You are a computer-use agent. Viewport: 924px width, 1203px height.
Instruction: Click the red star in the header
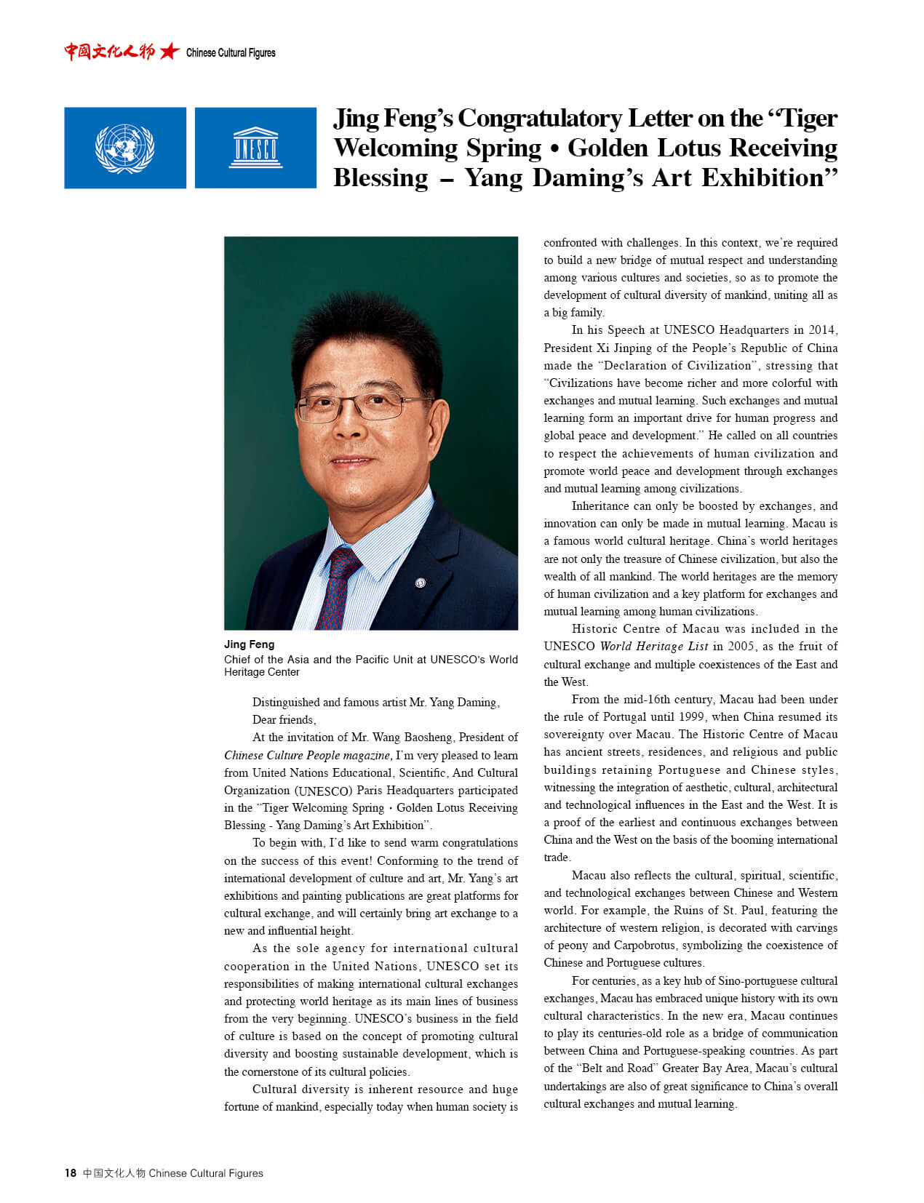(x=170, y=52)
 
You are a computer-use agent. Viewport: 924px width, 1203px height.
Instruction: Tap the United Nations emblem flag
(x=125, y=148)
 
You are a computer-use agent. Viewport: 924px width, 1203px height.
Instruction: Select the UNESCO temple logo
(x=255, y=148)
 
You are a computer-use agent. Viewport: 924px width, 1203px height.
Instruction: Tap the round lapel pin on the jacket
(x=420, y=583)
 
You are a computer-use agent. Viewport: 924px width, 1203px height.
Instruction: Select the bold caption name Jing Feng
(x=249, y=644)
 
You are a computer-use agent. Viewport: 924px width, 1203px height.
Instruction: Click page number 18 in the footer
(x=71, y=1172)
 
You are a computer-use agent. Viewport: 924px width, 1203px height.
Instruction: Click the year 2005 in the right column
(x=741, y=646)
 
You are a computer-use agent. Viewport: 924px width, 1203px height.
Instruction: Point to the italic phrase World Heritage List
(x=653, y=646)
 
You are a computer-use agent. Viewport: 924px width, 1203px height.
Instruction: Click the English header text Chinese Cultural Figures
(x=231, y=53)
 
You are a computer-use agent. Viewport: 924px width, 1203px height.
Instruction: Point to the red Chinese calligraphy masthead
(x=109, y=52)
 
